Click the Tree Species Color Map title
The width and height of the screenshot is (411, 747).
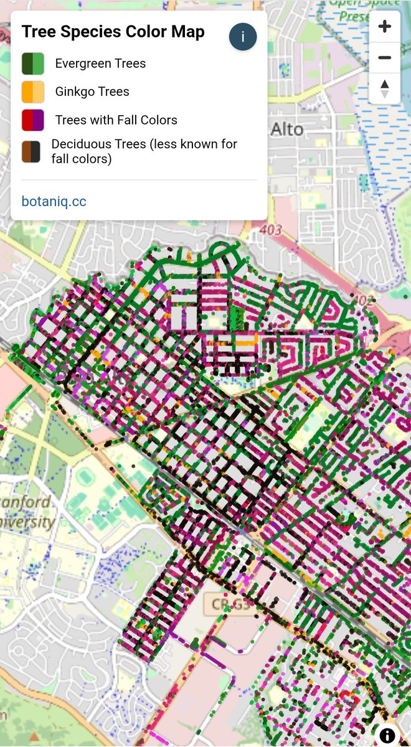[113, 32]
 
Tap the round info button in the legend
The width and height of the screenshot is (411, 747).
[243, 37]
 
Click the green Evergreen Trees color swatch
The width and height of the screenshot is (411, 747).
[32, 63]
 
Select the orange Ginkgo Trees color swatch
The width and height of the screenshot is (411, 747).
[32, 92]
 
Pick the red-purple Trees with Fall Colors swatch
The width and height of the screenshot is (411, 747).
[32, 120]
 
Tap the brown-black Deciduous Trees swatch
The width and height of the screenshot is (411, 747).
[31, 151]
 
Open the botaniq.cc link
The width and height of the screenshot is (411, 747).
[54, 201]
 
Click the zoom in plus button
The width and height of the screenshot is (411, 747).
[384, 26]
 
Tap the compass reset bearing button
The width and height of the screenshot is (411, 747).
[384, 88]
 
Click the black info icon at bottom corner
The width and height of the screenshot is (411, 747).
[387, 735]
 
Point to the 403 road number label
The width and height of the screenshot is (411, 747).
[272, 230]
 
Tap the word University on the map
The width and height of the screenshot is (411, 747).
[28, 522]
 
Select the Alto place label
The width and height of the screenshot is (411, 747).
[287, 129]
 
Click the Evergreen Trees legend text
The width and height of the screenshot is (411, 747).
[100, 63]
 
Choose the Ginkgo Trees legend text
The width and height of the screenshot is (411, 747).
[92, 92]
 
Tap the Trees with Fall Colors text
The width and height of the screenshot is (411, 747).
[116, 120]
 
